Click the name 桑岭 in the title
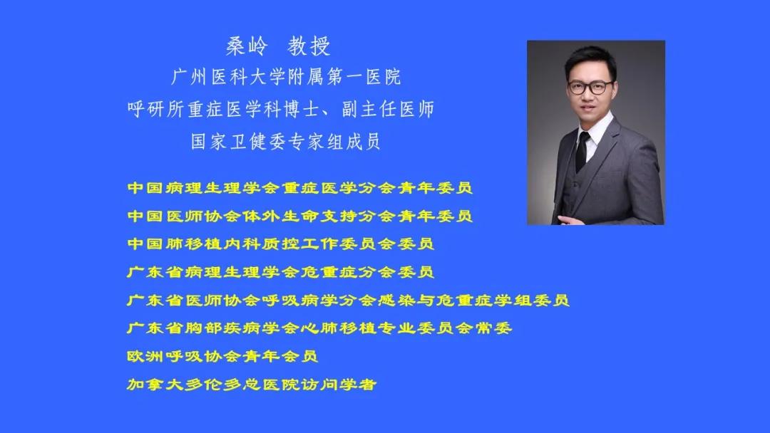[x=247, y=46]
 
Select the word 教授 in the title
[x=309, y=46]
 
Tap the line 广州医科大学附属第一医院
[x=287, y=77]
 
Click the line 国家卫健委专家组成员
[x=286, y=142]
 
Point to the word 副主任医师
[x=388, y=110]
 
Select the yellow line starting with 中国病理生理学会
[x=299, y=188]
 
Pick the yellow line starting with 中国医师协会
[x=299, y=216]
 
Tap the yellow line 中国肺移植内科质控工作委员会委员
[x=280, y=244]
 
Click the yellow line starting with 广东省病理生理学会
[x=280, y=271]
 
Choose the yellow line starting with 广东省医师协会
[x=348, y=300]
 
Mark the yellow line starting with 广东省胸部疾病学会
[x=319, y=328]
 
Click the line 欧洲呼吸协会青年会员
[x=222, y=356]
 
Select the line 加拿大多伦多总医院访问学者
[x=252, y=384]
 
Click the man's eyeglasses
[x=590, y=88]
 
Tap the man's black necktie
[x=582, y=151]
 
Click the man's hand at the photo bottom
[x=571, y=220]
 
